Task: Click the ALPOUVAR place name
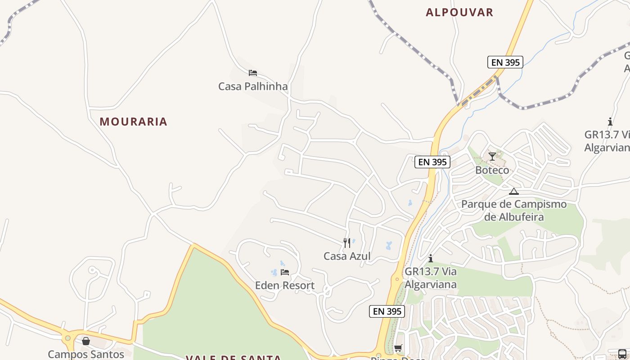(459, 12)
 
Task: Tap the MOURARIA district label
(133, 121)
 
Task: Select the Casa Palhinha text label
(252, 86)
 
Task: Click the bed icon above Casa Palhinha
(253, 72)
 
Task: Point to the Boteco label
(492, 170)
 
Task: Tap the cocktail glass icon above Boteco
(492, 157)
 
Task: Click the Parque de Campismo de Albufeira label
(514, 211)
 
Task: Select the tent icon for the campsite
(514, 191)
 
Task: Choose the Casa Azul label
(347, 256)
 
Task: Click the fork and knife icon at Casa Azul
(347, 243)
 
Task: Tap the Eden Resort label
(285, 286)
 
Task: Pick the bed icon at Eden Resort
(285, 272)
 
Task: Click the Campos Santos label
(86, 354)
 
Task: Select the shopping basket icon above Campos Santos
(86, 341)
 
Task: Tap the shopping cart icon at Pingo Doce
(398, 348)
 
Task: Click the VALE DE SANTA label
(234, 357)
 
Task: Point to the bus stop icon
(622, 354)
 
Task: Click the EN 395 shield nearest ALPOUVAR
(505, 62)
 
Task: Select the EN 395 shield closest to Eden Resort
(387, 311)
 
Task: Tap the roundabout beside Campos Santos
(67, 338)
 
